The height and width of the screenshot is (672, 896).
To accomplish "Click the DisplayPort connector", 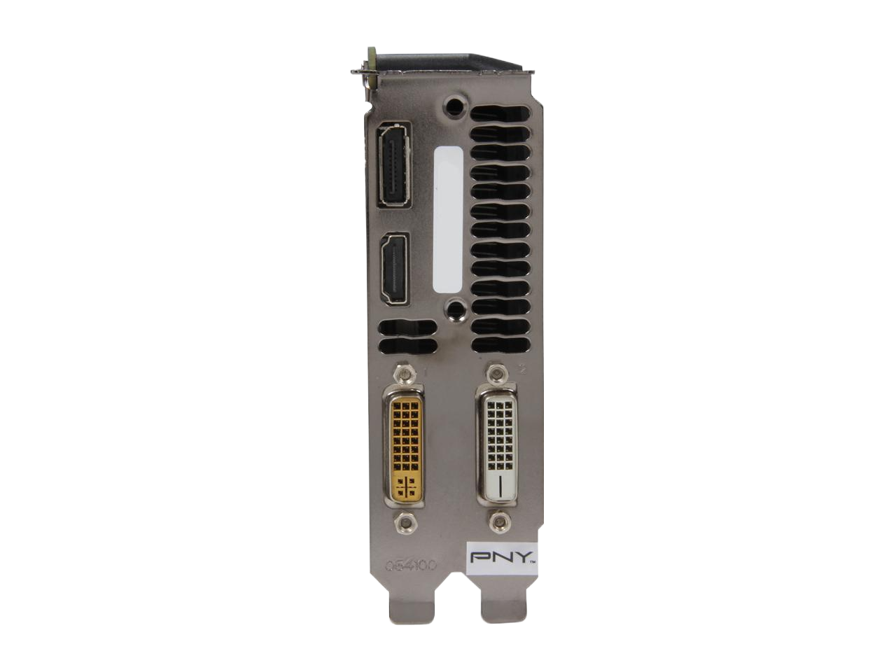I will (x=395, y=165).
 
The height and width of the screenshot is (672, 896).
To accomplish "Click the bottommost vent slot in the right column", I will (x=501, y=344).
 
